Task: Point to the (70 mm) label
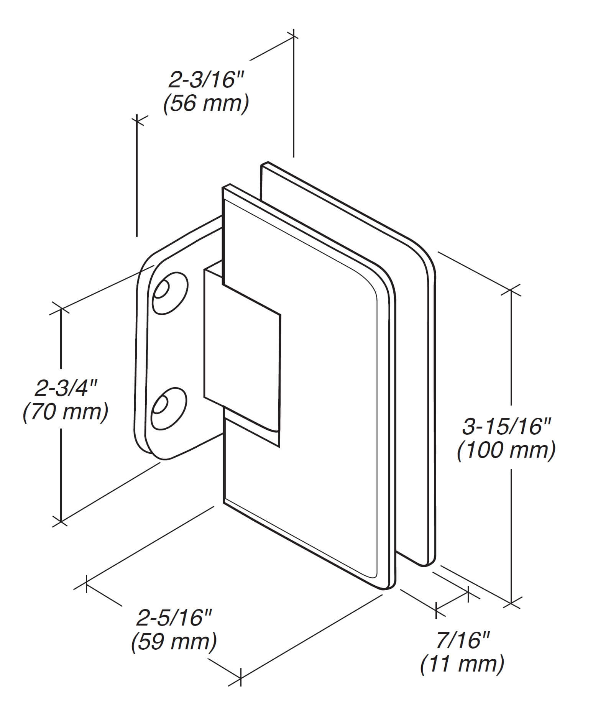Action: pyautogui.click(x=66, y=412)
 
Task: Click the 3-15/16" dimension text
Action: pyautogui.click(x=507, y=426)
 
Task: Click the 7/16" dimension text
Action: pyautogui.click(x=463, y=640)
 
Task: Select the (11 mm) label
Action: pyautogui.click(x=462, y=664)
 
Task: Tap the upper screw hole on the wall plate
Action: pyautogui.click(x=170, y=293)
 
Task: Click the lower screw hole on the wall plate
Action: pyautogui.click(x=169, y=409)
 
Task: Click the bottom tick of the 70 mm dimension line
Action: pyautogui.click(x=60, y=521)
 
